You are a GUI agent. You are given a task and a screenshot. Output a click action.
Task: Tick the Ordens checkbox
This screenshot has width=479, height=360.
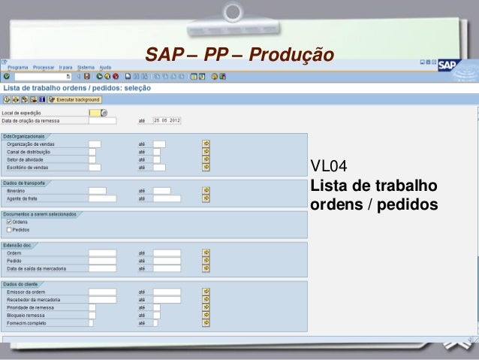click(x=9, y=221)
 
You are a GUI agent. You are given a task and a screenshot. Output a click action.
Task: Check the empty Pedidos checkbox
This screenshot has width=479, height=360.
click(x=9, y=229)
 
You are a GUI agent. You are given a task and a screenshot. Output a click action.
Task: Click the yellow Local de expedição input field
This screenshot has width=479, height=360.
click(x=93, y=113)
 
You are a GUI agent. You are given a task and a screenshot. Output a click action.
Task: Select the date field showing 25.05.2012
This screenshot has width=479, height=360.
click(x=165, y=119)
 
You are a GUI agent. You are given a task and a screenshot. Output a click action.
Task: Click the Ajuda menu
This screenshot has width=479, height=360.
click(x=105, y=67)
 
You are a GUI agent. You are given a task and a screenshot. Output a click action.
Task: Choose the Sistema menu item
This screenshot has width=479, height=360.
click(x=86, y=67)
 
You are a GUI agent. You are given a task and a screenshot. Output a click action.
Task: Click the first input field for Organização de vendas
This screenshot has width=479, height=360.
click(x=95, y=143)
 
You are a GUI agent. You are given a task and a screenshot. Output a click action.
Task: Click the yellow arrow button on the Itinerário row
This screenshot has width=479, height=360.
click(x=206, y=190)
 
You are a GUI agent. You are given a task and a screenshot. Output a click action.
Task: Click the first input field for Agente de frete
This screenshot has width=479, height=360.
click(x=102, y=198)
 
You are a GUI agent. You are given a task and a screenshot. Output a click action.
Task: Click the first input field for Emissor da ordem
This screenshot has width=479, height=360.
click(x=102, y=291)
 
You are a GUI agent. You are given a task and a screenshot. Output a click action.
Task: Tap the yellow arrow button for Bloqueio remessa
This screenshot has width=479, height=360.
click(x=206, y=315)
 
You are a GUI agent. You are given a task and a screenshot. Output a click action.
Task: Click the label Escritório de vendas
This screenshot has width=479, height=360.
click(x=28, y=167)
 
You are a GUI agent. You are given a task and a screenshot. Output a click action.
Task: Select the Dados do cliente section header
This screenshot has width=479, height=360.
click(x=20, y=283)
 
